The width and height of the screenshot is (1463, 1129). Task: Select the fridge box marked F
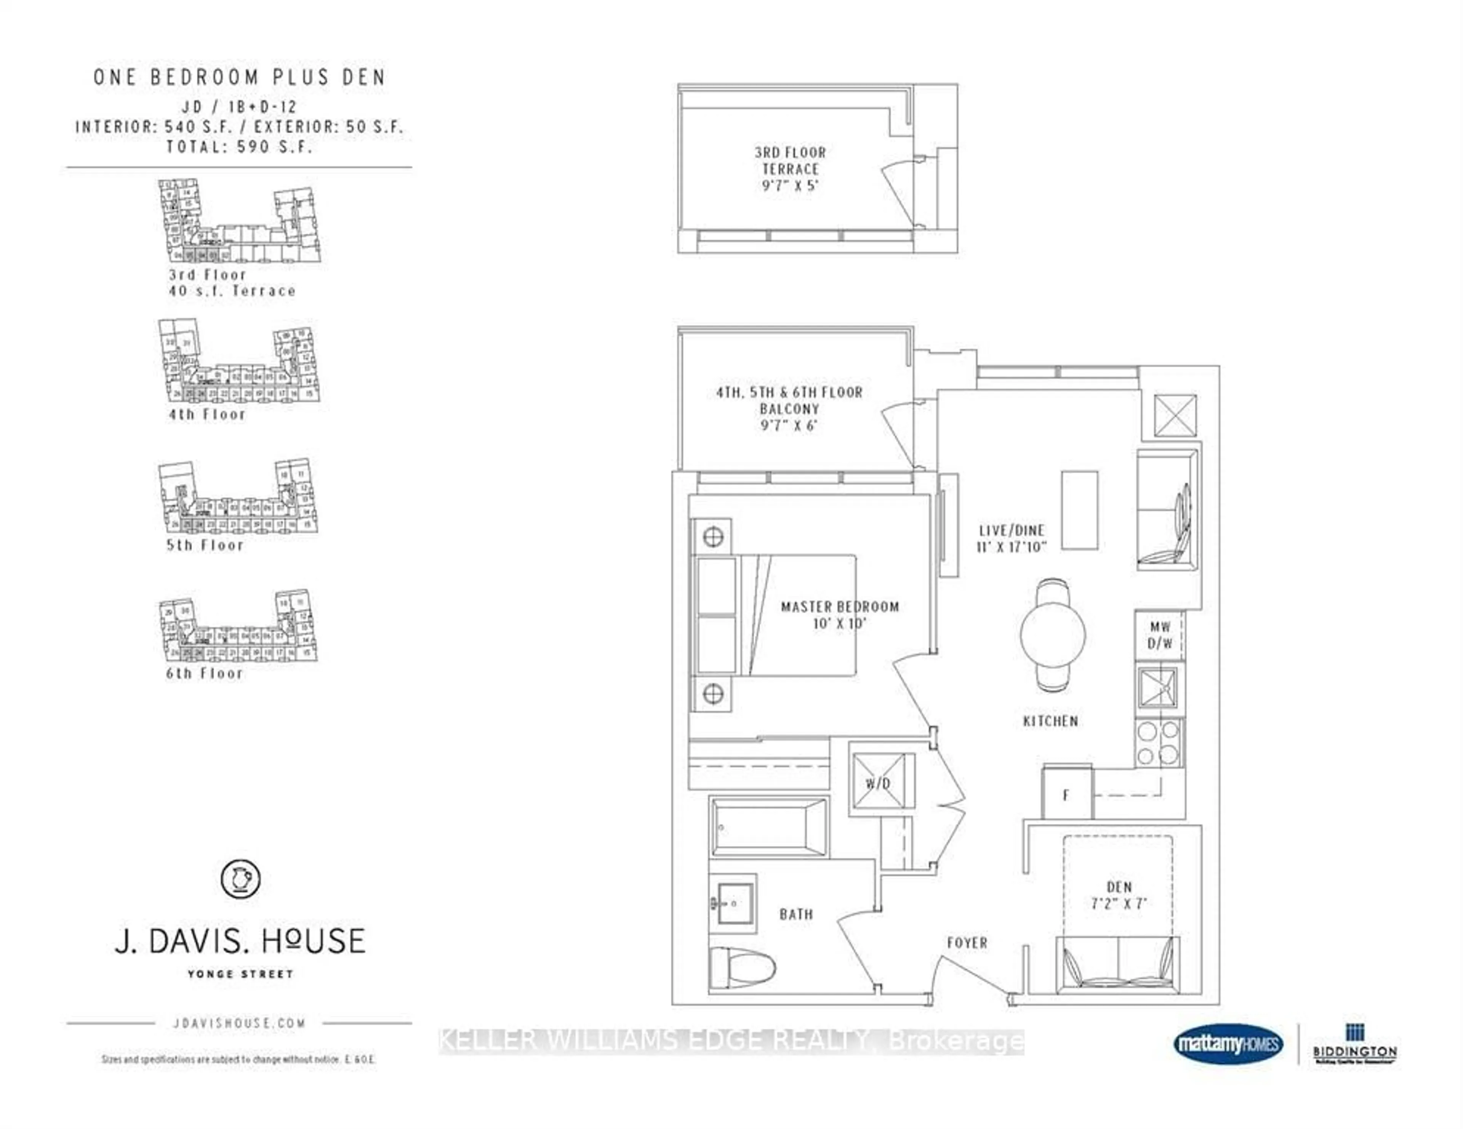(1066, 795)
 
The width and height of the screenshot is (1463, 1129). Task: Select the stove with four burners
(1159, 742)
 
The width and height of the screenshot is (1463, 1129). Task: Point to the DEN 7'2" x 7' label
(1119, 895)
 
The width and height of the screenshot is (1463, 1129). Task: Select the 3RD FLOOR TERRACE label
(791, 161)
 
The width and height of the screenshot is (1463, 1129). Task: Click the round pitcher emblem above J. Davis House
(240, 878)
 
